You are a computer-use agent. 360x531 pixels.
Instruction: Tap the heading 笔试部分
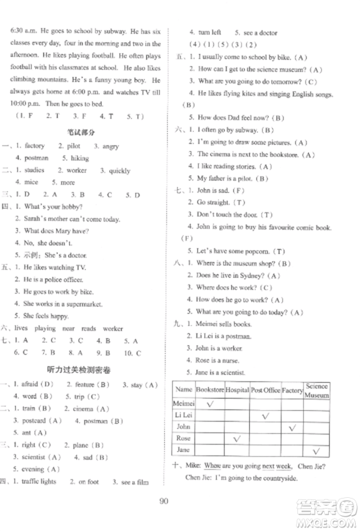tap(83, 132)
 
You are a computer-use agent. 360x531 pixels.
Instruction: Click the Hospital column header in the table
tap(236, 391)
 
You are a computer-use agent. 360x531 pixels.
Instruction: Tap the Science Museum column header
tap(316, 391)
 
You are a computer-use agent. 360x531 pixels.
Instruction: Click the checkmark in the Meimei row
tap(210, 404)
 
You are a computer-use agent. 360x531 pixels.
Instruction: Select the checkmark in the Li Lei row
tap(265, 416)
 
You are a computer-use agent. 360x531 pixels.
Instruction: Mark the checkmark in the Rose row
tap(236, 437)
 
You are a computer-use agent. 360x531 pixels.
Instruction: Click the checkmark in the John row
tap(292, 427)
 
